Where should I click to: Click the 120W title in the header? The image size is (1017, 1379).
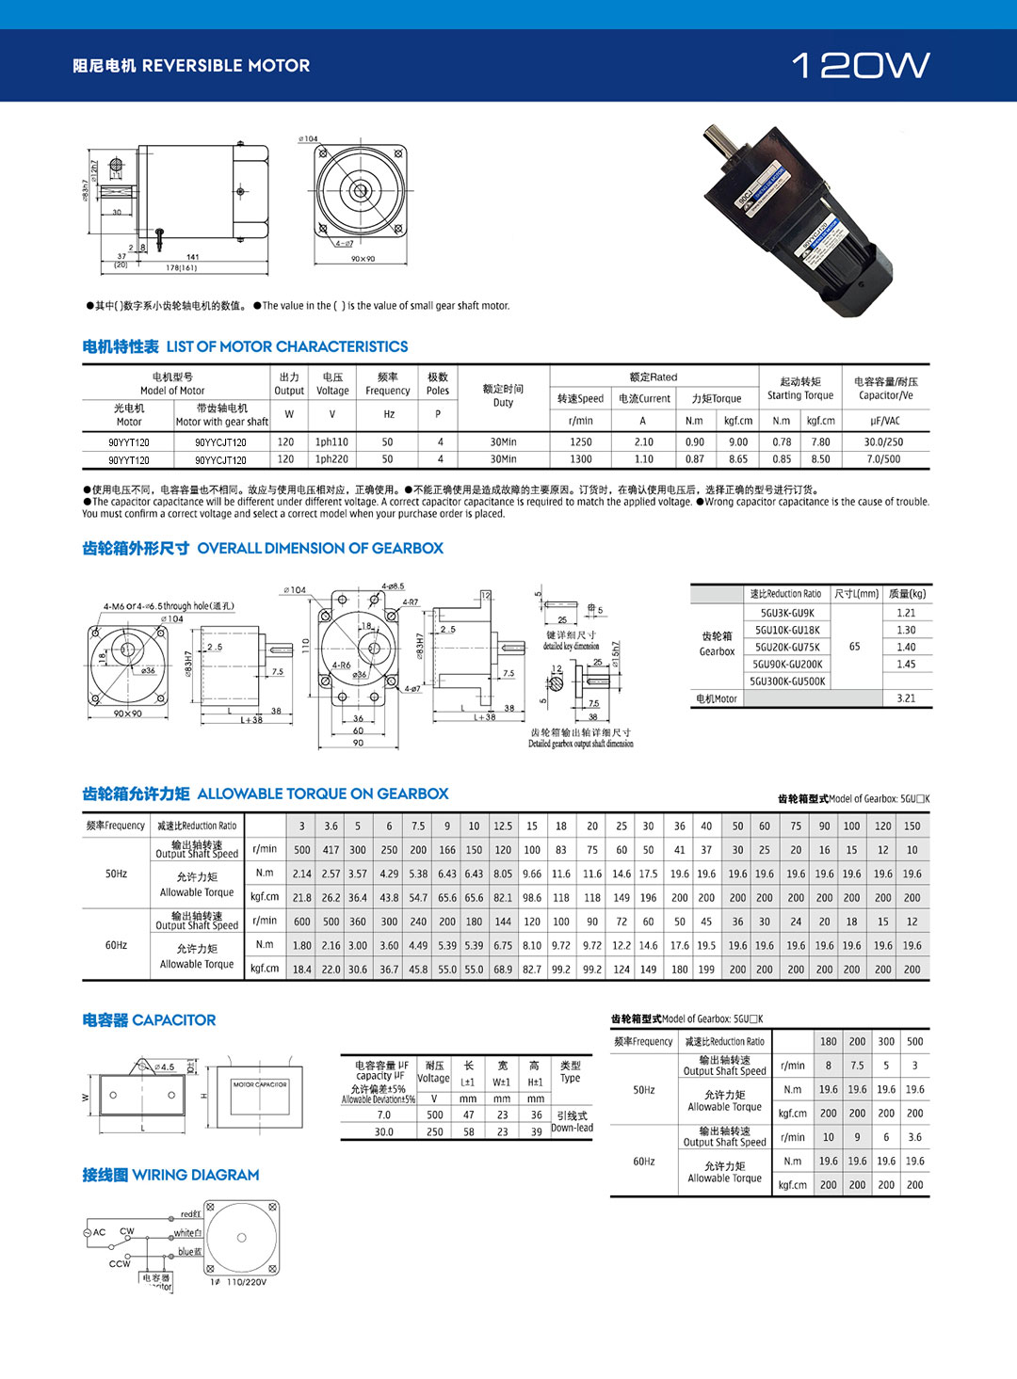pos(861,65)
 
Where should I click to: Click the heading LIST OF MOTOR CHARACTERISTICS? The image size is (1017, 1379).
pos(287,346)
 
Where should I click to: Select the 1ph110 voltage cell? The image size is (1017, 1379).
pos(331,441)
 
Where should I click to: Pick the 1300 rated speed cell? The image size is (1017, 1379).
pos(580,459)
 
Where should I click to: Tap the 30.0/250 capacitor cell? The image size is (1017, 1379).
pos(883,441)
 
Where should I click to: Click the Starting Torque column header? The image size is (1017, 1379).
pos(799,389)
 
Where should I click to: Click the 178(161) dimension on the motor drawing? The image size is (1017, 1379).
pos(181,268)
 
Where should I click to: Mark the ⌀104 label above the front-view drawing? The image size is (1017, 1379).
pos(308,139)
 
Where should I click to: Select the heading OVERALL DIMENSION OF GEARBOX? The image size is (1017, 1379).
pos(320,548)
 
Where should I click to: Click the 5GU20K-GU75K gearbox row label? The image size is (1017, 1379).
pos(787,647)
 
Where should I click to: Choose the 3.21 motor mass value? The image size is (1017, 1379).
pos(906,698)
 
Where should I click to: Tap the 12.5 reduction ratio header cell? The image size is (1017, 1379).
pos(503,826)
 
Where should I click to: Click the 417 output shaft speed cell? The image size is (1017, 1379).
pos(331,849)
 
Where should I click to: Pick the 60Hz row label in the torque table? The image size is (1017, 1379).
pos(116,945)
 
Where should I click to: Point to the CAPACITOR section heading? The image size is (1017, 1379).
pos(149,1020)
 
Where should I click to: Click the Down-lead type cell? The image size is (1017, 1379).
pos(572,1128)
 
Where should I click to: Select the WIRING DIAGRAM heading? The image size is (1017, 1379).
pos(170,1175)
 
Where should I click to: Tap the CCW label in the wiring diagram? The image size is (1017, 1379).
pos(120,1263)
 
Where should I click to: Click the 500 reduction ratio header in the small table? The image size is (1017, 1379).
pos(914,1042)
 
